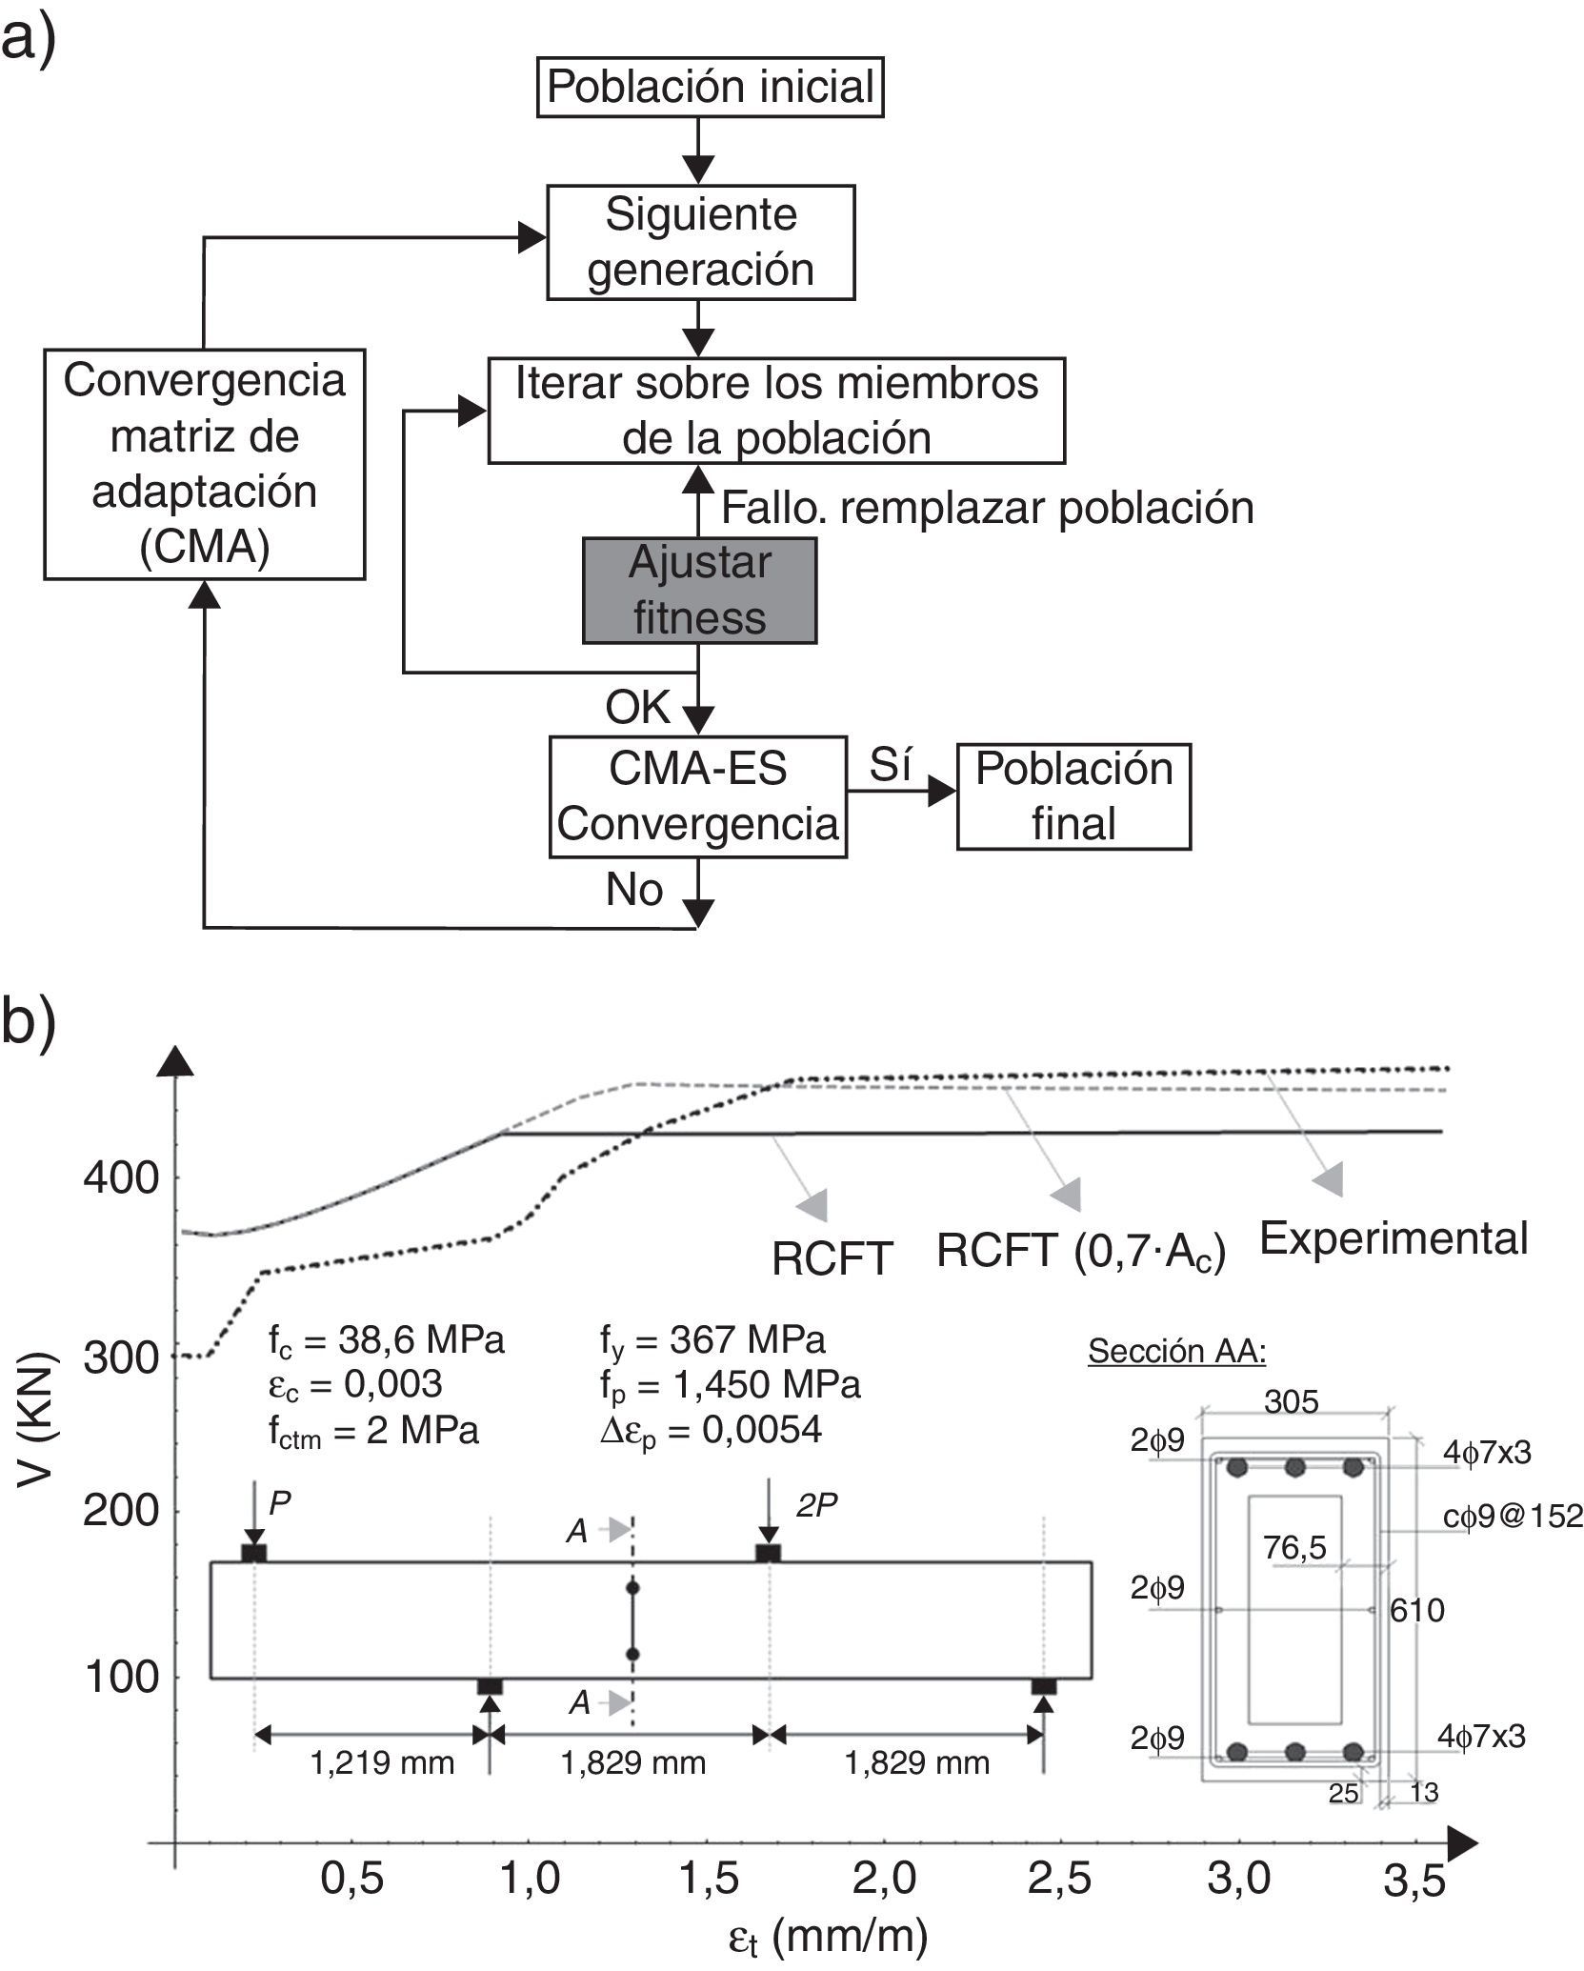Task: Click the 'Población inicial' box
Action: click(710, 88)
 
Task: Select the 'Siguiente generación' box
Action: click(700, 242)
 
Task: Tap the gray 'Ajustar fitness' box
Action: click(699, 591)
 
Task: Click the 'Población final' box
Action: click(1073, 796)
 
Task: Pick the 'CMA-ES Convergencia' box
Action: click(698, 796)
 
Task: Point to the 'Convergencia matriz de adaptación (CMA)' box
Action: click(204, 464)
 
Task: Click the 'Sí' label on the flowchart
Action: click(891, 765)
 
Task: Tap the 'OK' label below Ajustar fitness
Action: click(638, 708)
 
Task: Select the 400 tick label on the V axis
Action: click(121, 1178)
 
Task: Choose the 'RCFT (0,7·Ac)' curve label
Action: click(1081, 1251)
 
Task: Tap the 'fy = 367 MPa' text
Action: click(712, 1340)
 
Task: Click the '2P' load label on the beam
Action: click(816, 1504)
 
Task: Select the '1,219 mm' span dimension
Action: click(382, 1763)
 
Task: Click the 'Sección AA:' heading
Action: click(1177, 1351)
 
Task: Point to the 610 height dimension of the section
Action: click(1417, 1611)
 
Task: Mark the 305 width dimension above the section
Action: click(1292, 1402)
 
